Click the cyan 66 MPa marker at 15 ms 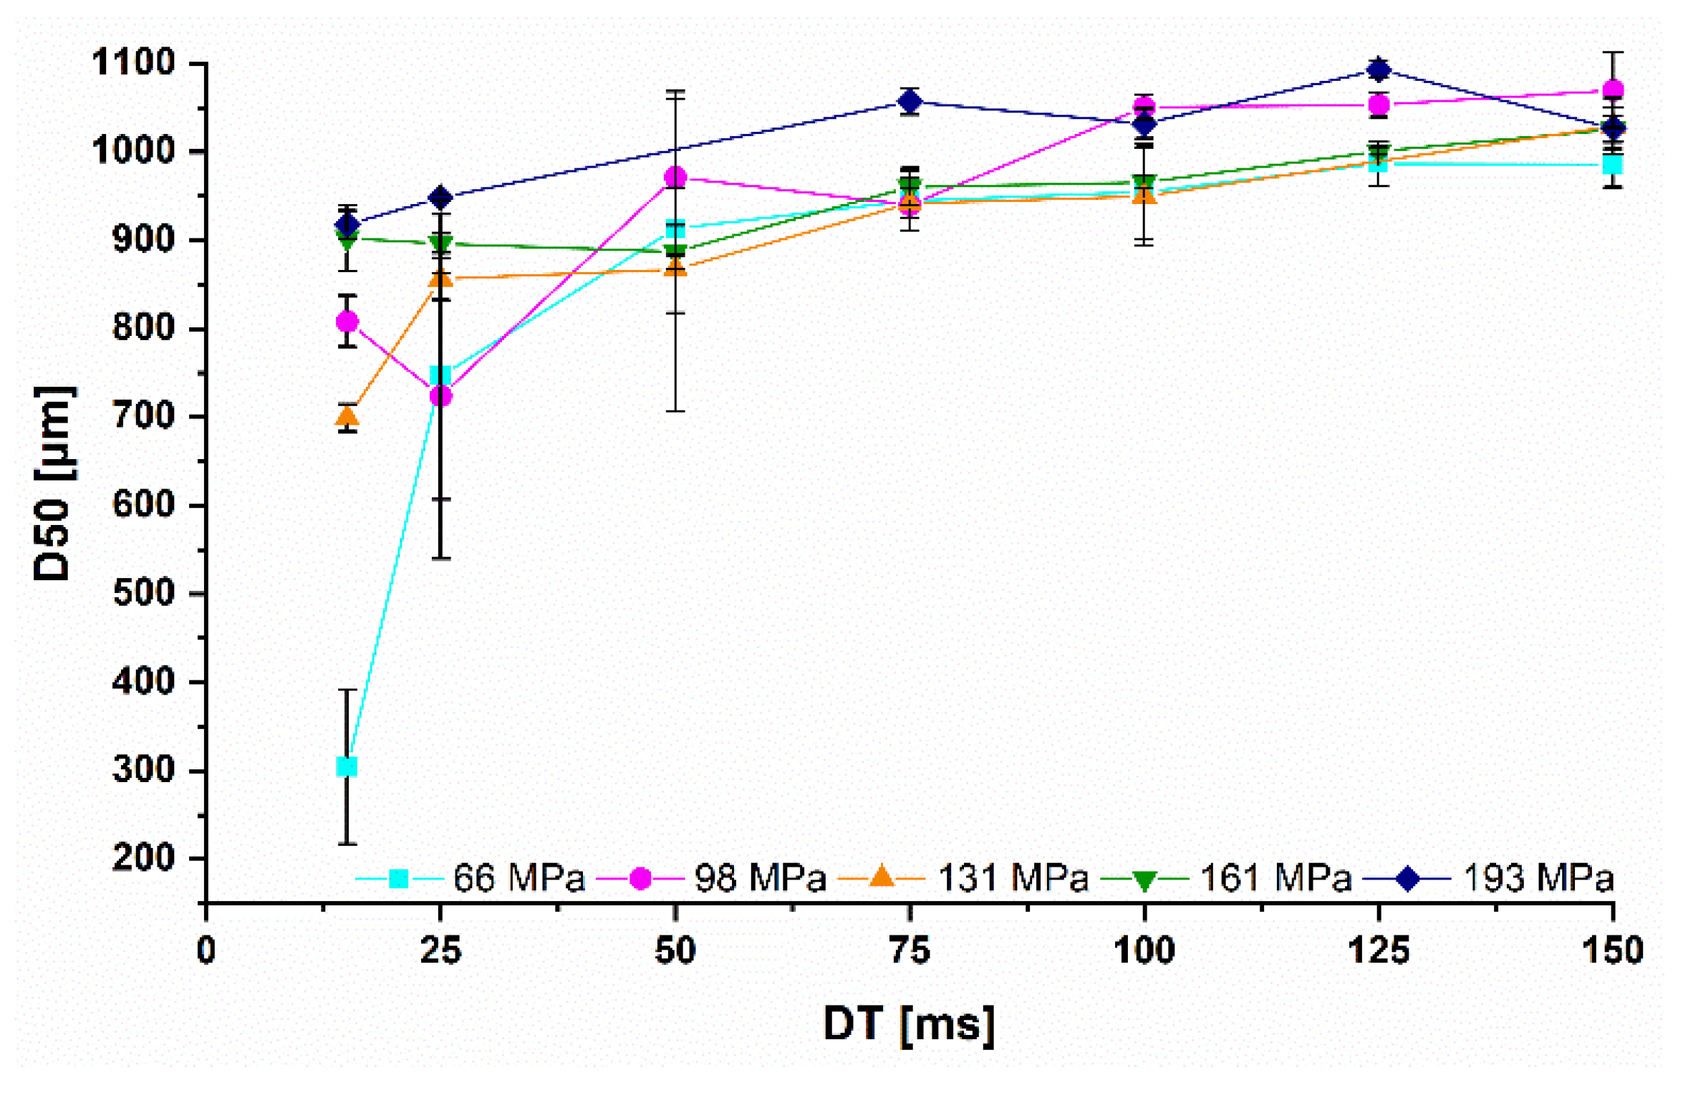pos(347,767)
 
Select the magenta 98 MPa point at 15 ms pos(347,322)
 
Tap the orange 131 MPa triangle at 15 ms pos(347,415)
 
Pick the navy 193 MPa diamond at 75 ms pos(910,102)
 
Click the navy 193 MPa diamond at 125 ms pos(1379,69)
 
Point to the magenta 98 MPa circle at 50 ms pos(675,177)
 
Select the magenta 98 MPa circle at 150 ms pos(1613,90)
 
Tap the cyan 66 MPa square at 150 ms pos(1613,165)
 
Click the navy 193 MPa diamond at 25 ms pos(441,197)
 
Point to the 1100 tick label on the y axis pos(134,62)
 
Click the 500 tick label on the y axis pos(144,593)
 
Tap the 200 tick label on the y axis pos(144,857)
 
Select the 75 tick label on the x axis pos(910,951)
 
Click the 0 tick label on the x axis pos(206,951)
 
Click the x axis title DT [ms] pos(909,1024)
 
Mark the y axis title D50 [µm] pos(54,483)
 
